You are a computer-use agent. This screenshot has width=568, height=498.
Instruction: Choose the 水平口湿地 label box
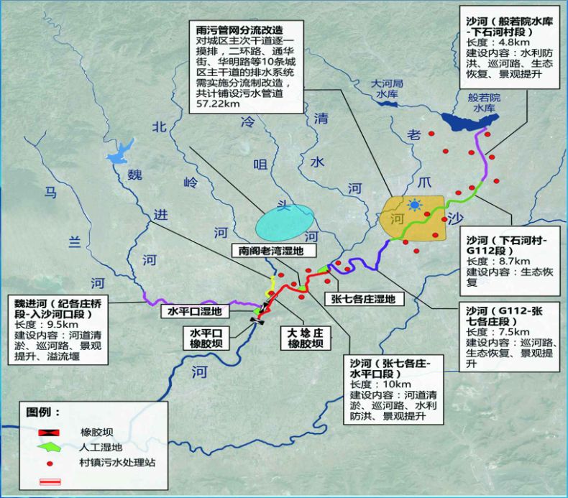(194, 311)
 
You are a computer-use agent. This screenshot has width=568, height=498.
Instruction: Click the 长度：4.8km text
(492, 44)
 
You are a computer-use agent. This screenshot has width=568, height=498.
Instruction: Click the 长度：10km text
(376, 382)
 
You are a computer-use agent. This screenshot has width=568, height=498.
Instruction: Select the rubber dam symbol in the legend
(48, 431)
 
